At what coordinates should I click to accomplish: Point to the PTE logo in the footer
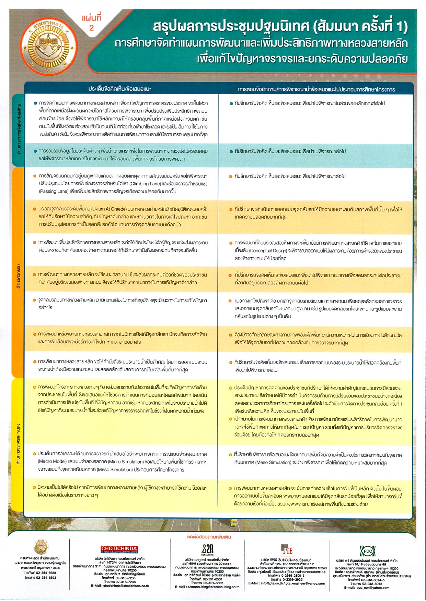pyautogui.click(x=287, y=550)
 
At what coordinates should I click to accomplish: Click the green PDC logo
pyautogui.click(x=367, y=551)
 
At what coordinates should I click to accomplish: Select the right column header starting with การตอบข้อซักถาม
pyautogui.click(x=316, y=89)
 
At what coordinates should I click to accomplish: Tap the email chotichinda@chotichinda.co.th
pyautogui.click(x=120, y=586)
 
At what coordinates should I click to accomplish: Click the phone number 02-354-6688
pyautogui.click(x=46, y=573)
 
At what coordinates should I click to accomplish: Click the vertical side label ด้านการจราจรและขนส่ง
pyautogui.click(x=18, y=444)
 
